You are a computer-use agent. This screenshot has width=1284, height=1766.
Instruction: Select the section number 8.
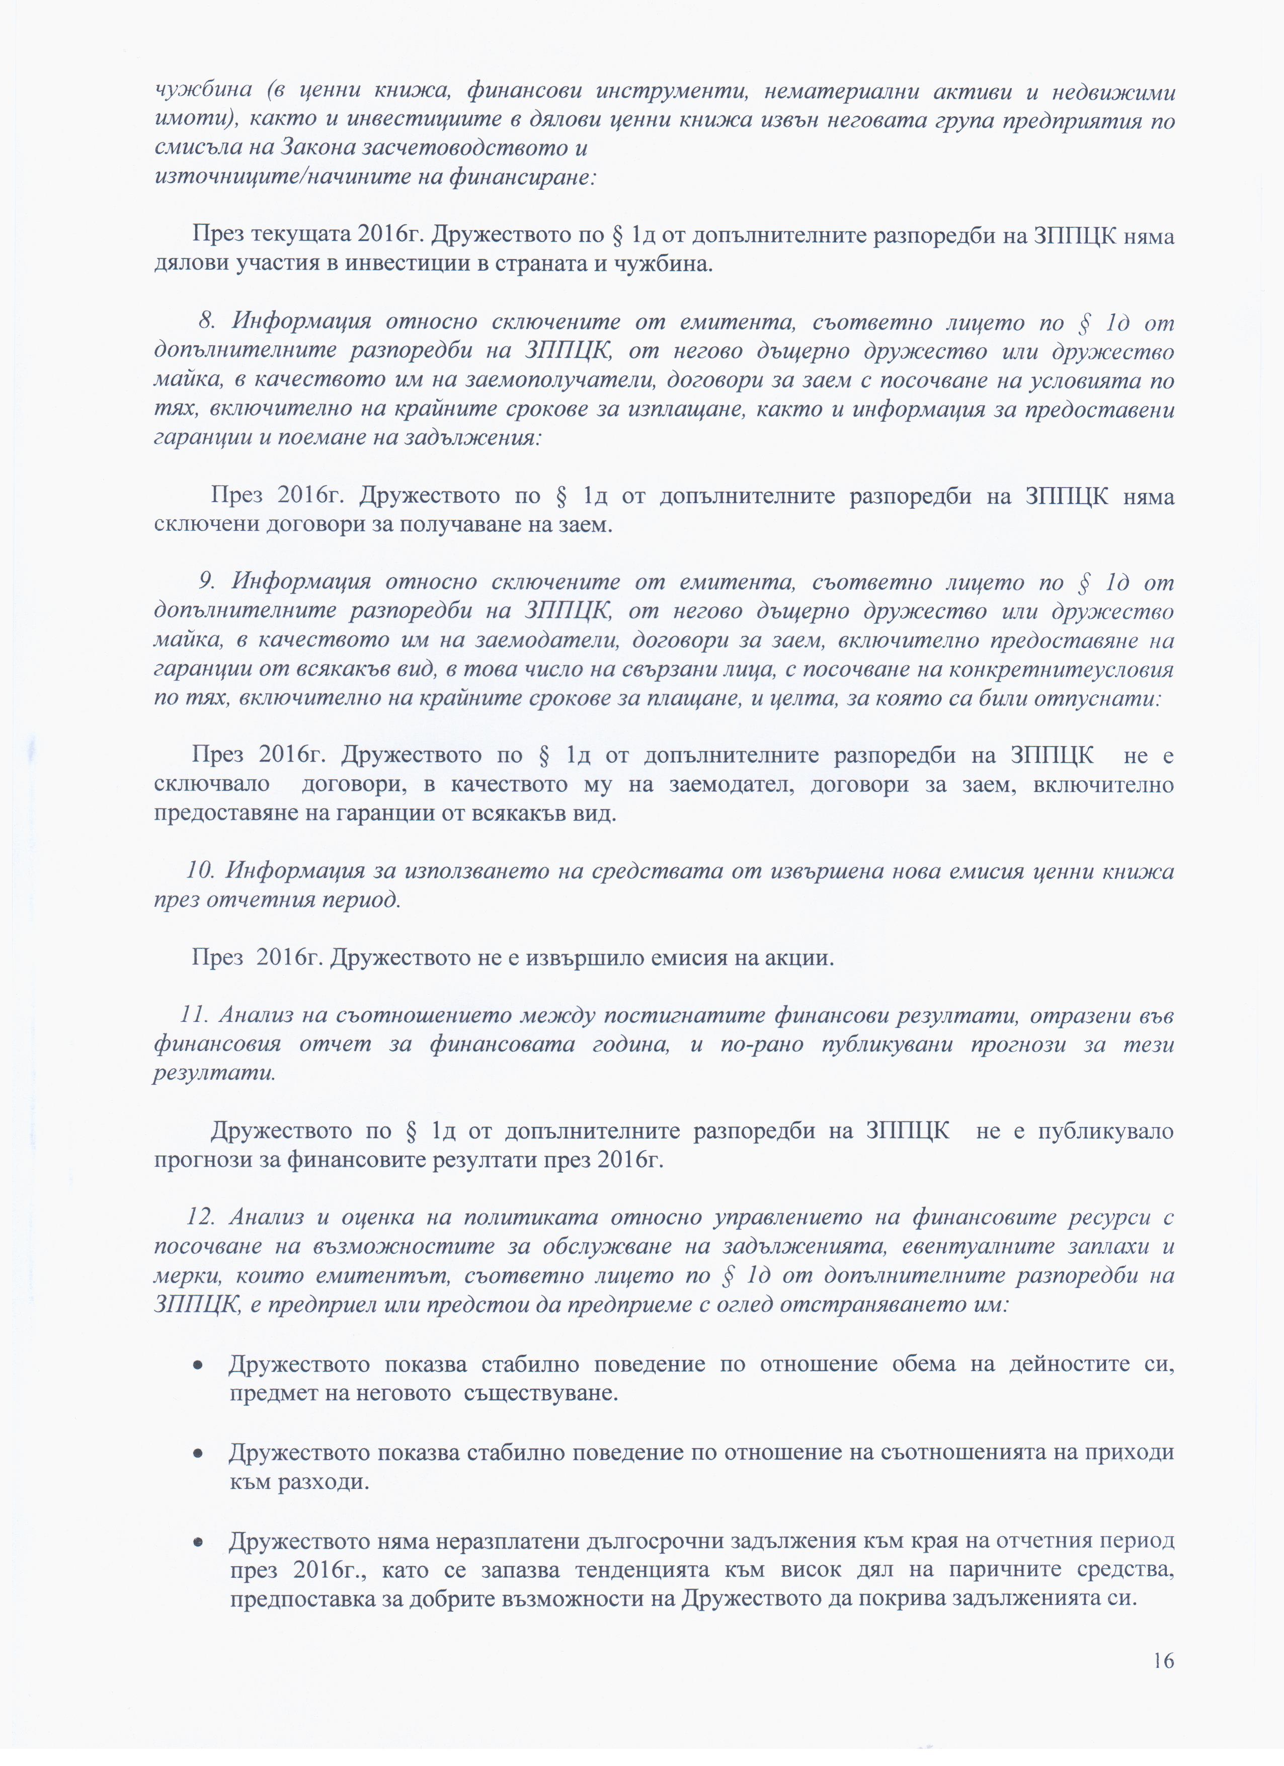click(x=206, y=322)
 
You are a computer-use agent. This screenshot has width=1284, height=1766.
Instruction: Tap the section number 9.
click(x=206, y=581)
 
